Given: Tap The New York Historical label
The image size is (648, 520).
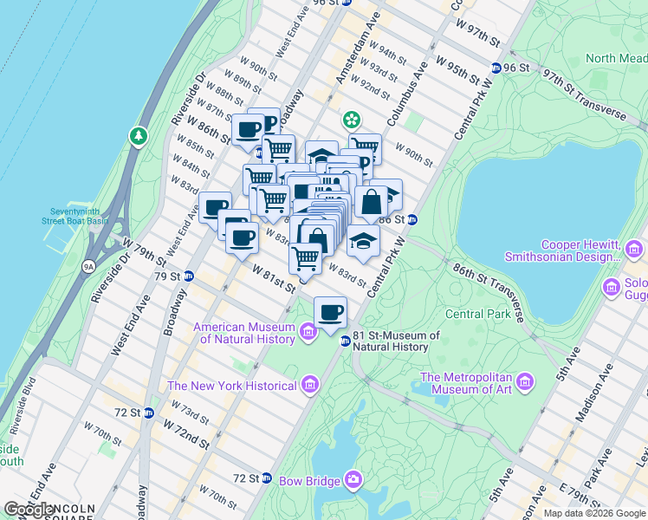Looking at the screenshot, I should click(232, 386).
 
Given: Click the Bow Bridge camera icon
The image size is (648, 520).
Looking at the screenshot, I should click(353, 479).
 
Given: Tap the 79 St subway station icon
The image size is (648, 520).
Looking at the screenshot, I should click(188, 276).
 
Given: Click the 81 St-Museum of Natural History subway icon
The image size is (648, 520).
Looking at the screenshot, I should click(345, 341).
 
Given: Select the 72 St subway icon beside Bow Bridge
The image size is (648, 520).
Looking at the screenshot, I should click(267, 478).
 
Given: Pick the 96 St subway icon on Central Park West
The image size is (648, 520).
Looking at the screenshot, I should click(496, 68).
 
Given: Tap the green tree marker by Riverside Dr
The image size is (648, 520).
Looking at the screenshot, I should click(138, 136).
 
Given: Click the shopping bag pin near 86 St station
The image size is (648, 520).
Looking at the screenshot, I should click(371, 201).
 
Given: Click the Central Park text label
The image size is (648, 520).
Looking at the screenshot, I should click(477, 314).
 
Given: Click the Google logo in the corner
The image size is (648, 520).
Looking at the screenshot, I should click(29, 510).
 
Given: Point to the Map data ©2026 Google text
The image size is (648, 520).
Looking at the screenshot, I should click(593, 513).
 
